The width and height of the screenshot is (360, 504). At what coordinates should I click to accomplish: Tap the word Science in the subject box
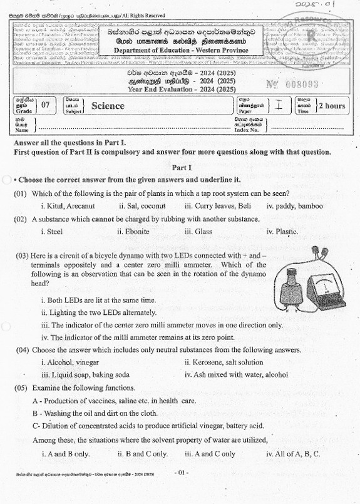coord(108,106)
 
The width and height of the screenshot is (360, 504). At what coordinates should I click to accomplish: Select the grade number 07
coord(45,105)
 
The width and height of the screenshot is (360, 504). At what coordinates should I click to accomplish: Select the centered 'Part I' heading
coord(182,167)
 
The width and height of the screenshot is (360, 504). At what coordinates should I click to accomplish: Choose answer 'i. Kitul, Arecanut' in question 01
coord(68,205)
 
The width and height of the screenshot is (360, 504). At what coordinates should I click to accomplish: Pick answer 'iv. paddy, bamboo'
coord(294,205)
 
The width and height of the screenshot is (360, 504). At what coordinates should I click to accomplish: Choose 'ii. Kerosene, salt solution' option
coord(224,363)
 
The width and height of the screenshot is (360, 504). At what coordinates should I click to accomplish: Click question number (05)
coord(21,388)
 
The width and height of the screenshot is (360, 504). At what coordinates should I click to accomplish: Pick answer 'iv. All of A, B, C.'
coord(293,453)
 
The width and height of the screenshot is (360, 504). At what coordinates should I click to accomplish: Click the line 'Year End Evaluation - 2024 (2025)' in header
coord(179,90)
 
